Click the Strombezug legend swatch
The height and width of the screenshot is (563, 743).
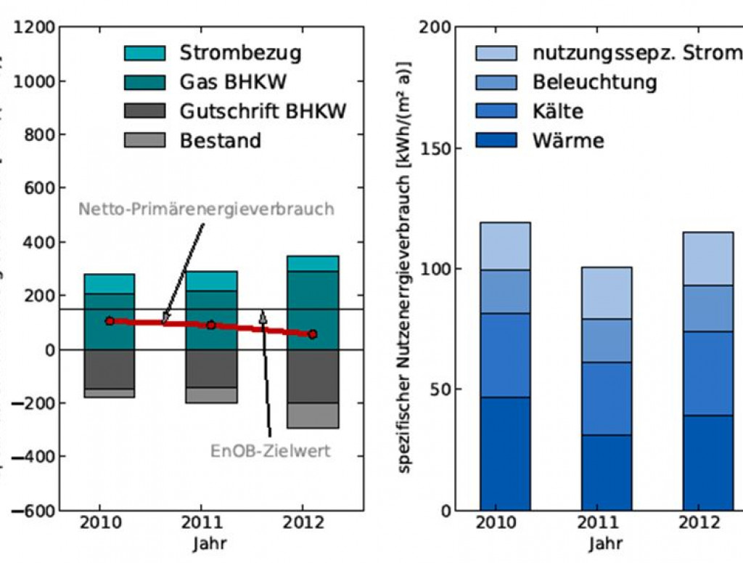[x=145, y=53]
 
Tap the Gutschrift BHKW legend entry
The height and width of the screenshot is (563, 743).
[x=263, y=110]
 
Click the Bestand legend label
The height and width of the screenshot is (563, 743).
[x=220, y=139]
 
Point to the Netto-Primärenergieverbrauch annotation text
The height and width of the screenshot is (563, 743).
[x=206, y=209]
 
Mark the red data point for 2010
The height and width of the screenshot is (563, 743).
[x=110, y=321]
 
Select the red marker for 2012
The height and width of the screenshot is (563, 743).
[x=312, y=334]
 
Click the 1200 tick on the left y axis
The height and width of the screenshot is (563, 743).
[x=34, y=28]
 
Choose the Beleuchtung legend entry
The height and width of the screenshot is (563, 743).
[x=594, y=81]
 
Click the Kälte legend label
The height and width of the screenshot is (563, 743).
[x=557, y=110]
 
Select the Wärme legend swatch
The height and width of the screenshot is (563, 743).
[x=496, y=139]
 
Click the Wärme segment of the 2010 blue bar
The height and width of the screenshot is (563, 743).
[x=505, y=453]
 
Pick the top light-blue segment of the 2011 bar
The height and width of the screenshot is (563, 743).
[x=607, y=293]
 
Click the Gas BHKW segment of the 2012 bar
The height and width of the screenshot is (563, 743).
[x=312, y=305]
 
